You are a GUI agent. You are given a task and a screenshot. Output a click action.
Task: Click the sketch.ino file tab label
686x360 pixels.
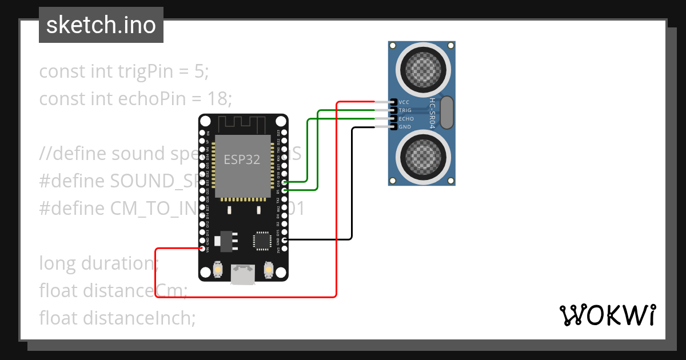101,25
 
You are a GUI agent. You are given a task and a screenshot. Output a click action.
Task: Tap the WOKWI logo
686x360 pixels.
607,315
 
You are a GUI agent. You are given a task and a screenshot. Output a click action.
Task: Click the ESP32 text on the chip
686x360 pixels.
242,160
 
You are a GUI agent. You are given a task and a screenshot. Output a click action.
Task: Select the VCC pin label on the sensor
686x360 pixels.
404,102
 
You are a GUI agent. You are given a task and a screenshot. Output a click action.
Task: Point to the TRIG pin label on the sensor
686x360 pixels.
405,110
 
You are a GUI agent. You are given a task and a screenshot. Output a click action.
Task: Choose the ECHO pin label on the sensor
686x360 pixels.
406,118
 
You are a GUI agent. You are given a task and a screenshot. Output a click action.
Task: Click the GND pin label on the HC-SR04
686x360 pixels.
405,127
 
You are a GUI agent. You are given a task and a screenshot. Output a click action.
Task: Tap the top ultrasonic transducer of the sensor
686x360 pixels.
422,68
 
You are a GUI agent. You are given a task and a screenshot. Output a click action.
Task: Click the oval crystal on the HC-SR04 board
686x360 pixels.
447,113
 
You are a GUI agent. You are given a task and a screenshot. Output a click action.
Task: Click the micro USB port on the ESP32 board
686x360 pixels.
242,275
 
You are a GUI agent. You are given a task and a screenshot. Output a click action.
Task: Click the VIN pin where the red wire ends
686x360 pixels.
202,249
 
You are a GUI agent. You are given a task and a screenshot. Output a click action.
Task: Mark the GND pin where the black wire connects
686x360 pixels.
284,240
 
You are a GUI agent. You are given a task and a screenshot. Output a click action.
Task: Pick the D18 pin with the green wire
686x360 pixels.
284,182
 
